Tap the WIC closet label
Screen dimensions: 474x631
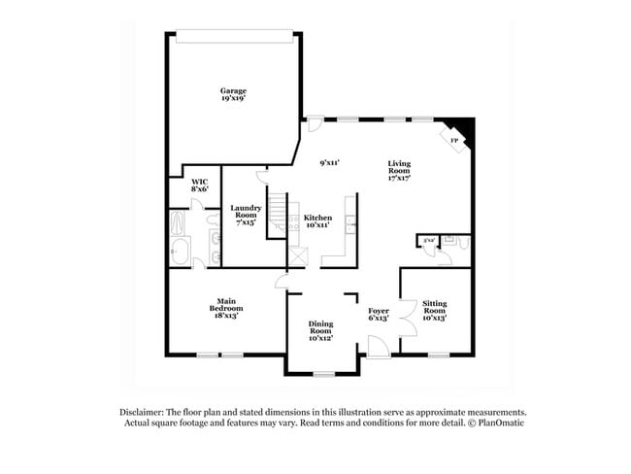click(199, 185)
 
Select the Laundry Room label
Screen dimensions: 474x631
click(244, 214)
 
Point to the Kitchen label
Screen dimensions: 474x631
click(317, 220)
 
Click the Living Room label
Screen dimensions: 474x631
click(400, 171)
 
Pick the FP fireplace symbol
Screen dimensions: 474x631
click(454, 140)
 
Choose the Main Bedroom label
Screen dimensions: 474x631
click(218, 311)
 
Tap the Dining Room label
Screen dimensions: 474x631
click(320, 329)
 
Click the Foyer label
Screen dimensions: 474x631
click(378, 314)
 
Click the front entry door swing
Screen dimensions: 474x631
click(378, 345)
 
